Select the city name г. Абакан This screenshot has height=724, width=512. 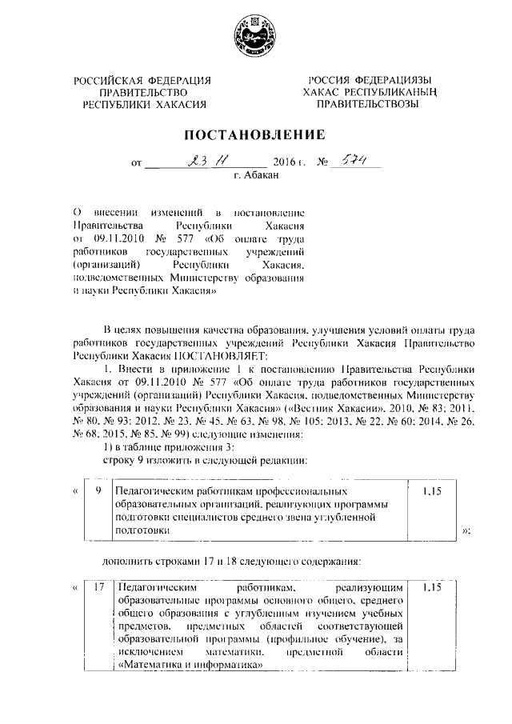click(x=256, y=176)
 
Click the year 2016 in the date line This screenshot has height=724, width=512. click(x=284, y=162)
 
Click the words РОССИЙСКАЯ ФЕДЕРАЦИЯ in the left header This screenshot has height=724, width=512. click(x=142, y=80)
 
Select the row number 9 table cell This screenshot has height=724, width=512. click(x=96, y=488)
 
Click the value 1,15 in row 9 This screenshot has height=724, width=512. click(x=433, y=488)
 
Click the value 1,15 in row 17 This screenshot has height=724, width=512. click(x=433, y=588)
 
